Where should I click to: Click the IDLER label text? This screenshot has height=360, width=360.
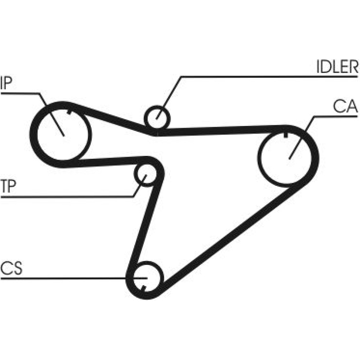click(x=337, y=67)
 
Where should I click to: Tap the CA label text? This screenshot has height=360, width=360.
click(x=345, y=107)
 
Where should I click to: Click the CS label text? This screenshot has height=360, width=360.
click(x=11, y=269)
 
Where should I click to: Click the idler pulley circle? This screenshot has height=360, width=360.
click(x=157, y=117)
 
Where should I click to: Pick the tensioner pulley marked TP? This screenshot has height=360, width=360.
click(x=145, y=175)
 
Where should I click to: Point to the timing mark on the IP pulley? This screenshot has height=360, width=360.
click(x=69, y=111)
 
